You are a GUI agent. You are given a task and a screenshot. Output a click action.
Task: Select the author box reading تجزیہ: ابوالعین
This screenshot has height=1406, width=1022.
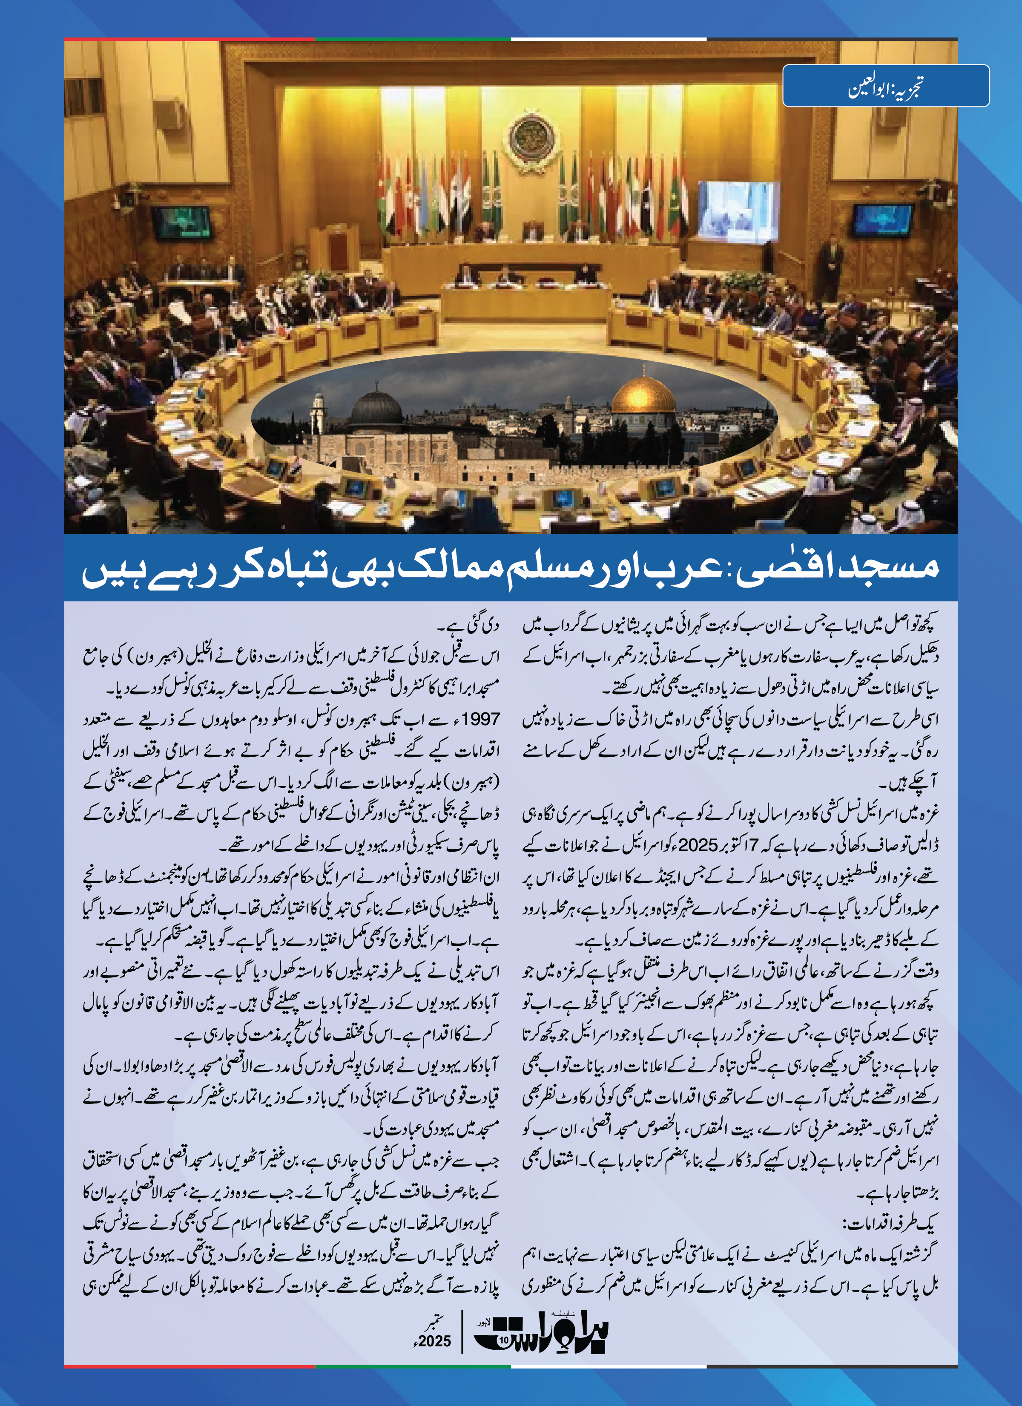click(x=886, y=86)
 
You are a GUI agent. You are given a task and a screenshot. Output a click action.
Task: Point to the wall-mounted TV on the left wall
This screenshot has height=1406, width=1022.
click(x=181, y=222)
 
